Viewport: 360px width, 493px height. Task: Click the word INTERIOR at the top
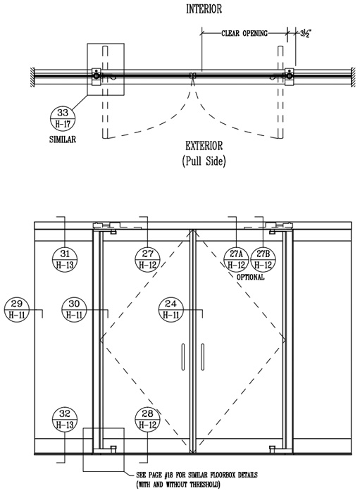click(x=204, y=8)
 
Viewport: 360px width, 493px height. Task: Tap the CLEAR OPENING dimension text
click(x=244, y=33)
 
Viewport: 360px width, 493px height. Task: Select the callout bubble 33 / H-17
click(x=63, y=118)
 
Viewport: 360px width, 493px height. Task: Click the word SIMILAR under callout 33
click(x=63, y=139)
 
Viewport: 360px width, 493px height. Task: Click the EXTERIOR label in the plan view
click(x=204, y=146)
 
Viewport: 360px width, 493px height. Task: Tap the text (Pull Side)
click(x=204, y=161)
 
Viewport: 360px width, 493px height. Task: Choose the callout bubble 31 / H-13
click(x=65, y=258)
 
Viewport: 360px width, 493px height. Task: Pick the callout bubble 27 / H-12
click(x=147, y=258)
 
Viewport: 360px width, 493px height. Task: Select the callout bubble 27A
click(x=236, y=259)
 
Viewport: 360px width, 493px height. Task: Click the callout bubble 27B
click(x=263, y=259)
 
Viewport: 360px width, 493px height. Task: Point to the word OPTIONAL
click(x=250, y=277)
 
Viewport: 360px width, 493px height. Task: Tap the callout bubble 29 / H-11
click(x=17, y=309)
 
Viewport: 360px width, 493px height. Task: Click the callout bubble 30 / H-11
click(x=74, y=309)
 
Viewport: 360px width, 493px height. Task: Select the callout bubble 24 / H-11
click(x=171, y=309)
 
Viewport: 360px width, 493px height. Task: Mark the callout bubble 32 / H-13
click(x=65, y=419)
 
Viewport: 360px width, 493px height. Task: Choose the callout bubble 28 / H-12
click(x=147, y=419)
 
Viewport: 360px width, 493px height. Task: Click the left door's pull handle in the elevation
click(x=182, y=357)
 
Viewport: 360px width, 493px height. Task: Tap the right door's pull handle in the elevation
click(x=202, y=357)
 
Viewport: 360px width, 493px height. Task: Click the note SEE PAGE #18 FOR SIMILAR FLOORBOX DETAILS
click(x=197, y=475)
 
